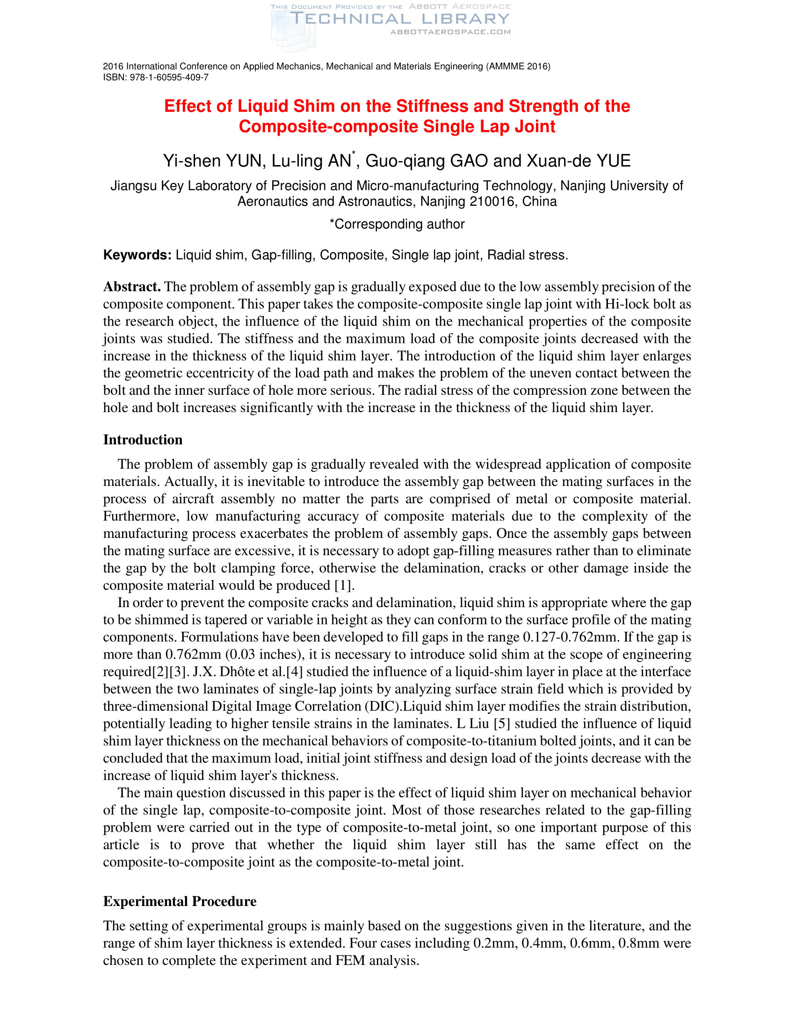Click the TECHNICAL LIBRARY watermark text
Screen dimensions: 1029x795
click(400, 19)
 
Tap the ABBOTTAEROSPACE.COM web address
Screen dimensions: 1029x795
click(450, 32)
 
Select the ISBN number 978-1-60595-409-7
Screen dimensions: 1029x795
click(169, 77)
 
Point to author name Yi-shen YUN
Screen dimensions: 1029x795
click(212, 161)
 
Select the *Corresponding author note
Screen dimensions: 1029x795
click(397, 224)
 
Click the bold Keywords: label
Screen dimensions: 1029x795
click(137, 255)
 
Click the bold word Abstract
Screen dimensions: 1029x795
click(132, 287)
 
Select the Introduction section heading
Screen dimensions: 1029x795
click(143, 440)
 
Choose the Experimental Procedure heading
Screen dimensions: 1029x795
click(180, 902)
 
